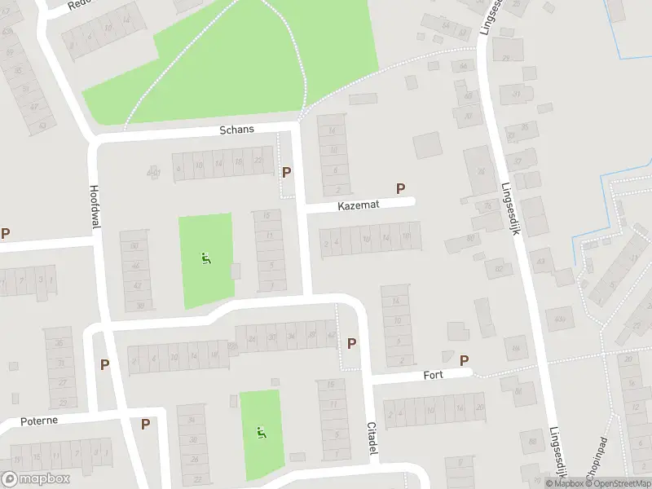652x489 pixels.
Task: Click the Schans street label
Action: [237, 130]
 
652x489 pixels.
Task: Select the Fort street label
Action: [432, 376]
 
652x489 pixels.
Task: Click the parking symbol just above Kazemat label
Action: [400, 188]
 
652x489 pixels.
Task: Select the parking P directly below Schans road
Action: [286, 172]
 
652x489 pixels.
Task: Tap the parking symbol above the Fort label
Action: [465, 360]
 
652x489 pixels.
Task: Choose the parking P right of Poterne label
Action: [145, 424]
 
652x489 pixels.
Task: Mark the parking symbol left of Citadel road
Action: [351, 343]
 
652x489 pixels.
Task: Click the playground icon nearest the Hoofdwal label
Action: [205, 259]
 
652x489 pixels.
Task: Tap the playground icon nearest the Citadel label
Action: [261, 433]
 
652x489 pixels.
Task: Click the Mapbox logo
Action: [36, 479]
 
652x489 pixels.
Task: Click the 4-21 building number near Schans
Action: [153, 172]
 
